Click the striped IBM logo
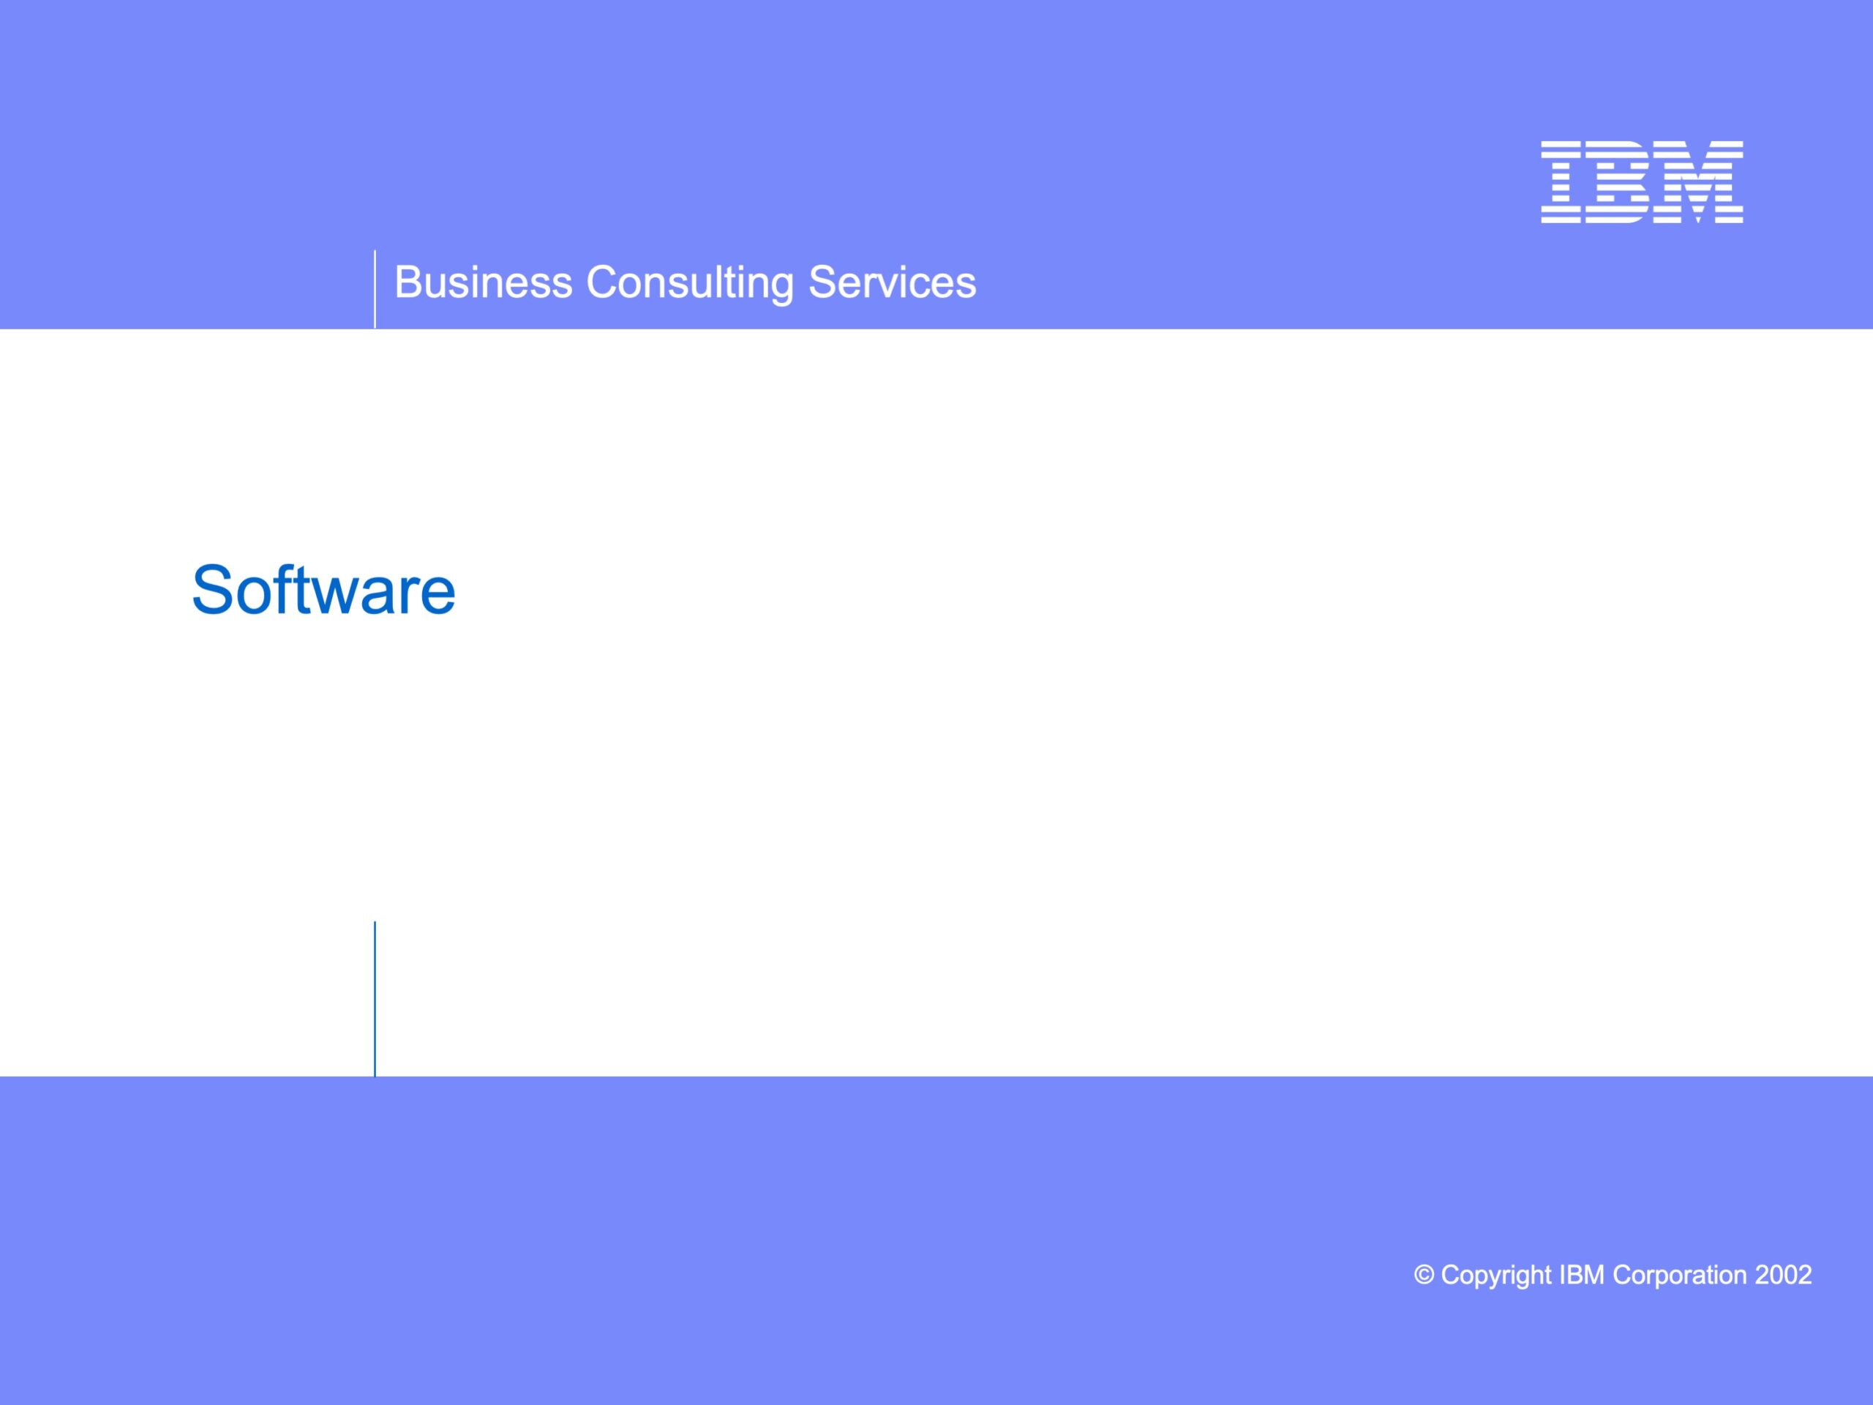tap(1642, 182)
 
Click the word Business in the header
tap(484, 282)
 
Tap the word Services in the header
tap(892, 282)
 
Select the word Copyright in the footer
tap(1495, 1276)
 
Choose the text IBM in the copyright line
tap(1581, 1275)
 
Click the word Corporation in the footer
tap(1679, 1276)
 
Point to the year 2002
tap(1783, 1275)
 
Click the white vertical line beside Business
tap(375, 289)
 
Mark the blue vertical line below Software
tap(375, 1000)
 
